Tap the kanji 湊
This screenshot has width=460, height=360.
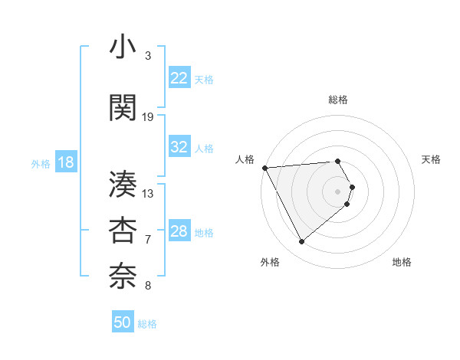(123, 185)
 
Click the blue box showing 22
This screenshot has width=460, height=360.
(179, 78)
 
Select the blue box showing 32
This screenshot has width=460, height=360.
(179, 147)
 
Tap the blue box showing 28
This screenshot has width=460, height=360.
(179, 232)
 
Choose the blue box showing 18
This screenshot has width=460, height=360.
(65, 162)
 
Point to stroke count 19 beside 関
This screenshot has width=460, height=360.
(148, 116)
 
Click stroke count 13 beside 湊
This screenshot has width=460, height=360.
(148, 193)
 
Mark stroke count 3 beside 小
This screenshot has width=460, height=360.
(148, 56)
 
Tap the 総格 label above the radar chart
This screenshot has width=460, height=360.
(338, 100)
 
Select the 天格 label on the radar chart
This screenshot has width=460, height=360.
(432, 159)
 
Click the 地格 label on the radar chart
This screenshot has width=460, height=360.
(402, 262)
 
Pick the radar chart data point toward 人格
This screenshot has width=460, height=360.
(264, 168)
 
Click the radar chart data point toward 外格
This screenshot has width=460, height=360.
(301, 242)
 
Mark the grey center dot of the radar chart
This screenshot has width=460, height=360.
(338, 191)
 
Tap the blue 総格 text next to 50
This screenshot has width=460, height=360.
(147, 324)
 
